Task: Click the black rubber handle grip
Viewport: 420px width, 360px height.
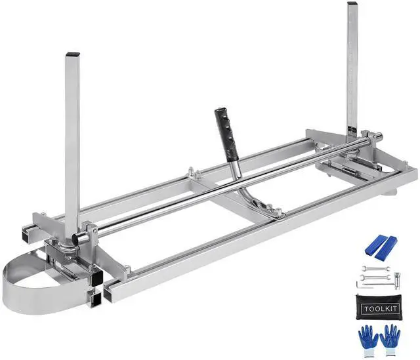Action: [226, 134]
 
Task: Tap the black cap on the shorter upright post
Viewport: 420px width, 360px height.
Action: [73, 54]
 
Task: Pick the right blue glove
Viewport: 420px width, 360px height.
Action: [390, 340]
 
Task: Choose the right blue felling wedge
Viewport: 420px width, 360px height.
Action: [386, 248]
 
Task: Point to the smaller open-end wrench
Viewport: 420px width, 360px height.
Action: [376, 268]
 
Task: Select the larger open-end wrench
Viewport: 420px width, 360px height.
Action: [375, 277]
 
